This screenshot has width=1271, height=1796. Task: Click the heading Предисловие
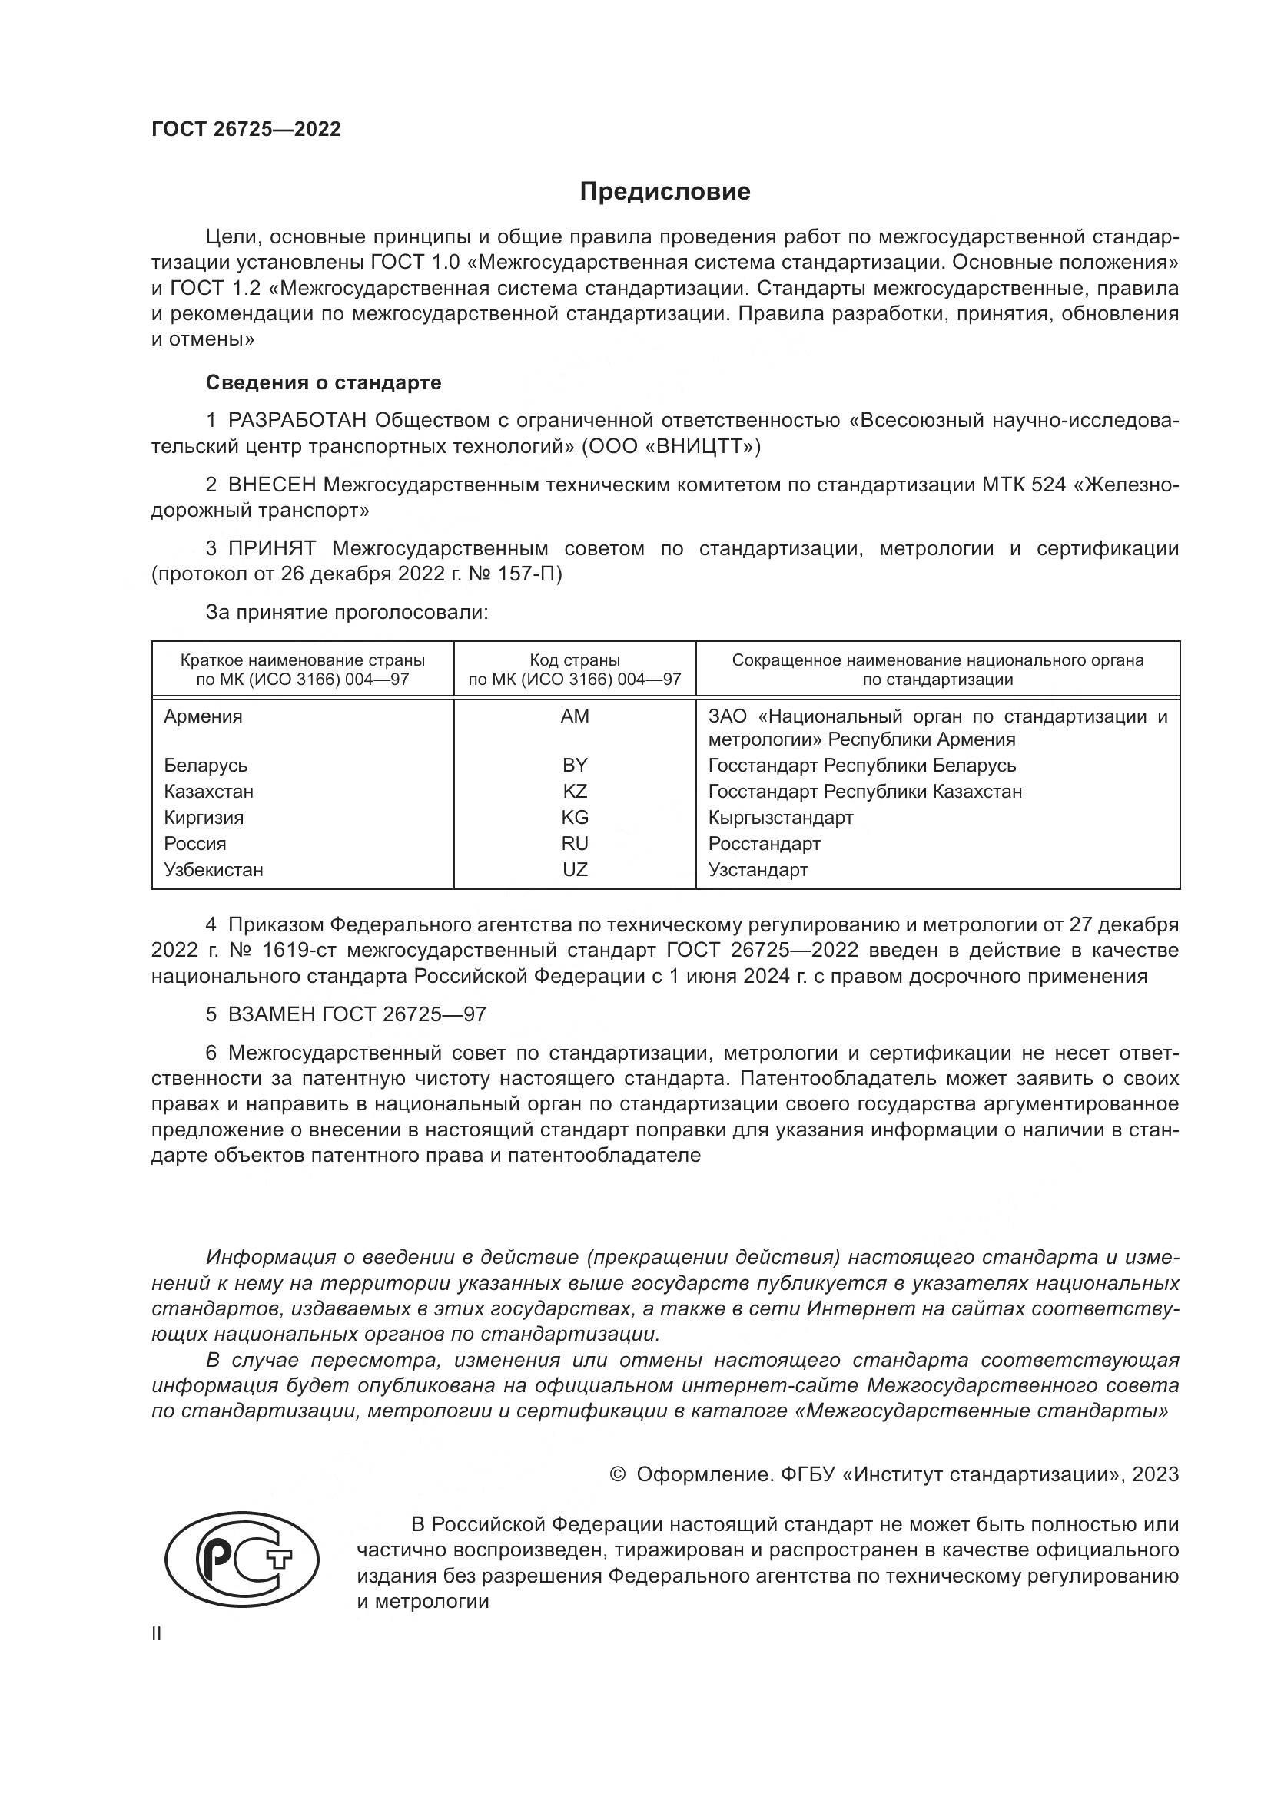coord(665,192)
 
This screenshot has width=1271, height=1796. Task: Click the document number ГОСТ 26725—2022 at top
coord(246,129)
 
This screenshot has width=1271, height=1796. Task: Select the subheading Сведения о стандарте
coord(324,382)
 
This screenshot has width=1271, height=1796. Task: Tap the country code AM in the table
coord(575,716)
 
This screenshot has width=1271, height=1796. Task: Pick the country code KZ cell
coord(575,791)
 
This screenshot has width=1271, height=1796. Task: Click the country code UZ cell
coord(575,869)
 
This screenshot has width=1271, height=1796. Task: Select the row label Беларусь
coord(205,765)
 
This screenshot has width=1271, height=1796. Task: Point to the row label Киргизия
coord(204,818)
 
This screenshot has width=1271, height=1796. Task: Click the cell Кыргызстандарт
coord(780,818)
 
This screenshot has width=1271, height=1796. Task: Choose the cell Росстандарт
coord(764,843)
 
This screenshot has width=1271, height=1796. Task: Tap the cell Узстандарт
coord(758,869)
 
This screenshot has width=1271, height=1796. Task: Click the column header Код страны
coord(575,660)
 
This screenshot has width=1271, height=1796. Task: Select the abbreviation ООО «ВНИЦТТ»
coord(671,447)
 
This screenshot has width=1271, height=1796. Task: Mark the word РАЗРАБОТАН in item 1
coord(297,421)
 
